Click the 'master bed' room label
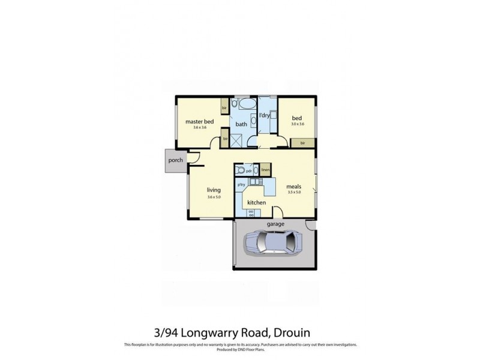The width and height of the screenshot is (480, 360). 200,122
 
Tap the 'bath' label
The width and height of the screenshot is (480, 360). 241,124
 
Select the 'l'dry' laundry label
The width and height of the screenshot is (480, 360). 264,115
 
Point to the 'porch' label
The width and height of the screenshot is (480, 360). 175,160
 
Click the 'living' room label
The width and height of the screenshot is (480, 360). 214,190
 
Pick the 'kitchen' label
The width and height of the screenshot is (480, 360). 257,203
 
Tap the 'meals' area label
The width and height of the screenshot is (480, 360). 293,187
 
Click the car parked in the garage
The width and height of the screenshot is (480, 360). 272,244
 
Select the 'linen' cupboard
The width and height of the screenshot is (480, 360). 265,170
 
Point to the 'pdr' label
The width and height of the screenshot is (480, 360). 248,171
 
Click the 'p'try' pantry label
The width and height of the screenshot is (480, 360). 241,184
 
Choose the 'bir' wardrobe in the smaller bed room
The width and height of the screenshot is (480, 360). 303,143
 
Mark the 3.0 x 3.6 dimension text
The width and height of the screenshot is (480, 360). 298,124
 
